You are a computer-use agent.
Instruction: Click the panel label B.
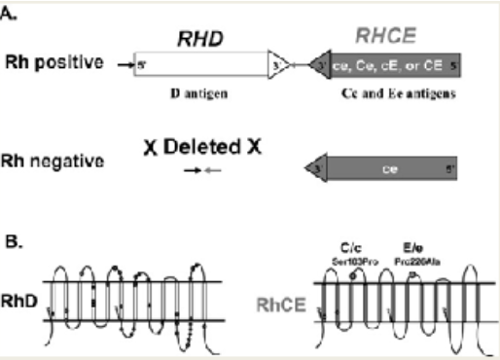[x=16, y=234]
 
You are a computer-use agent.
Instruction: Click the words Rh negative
[x=54, y=162]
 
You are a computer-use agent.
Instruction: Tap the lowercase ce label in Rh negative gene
[x=388, y=168]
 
